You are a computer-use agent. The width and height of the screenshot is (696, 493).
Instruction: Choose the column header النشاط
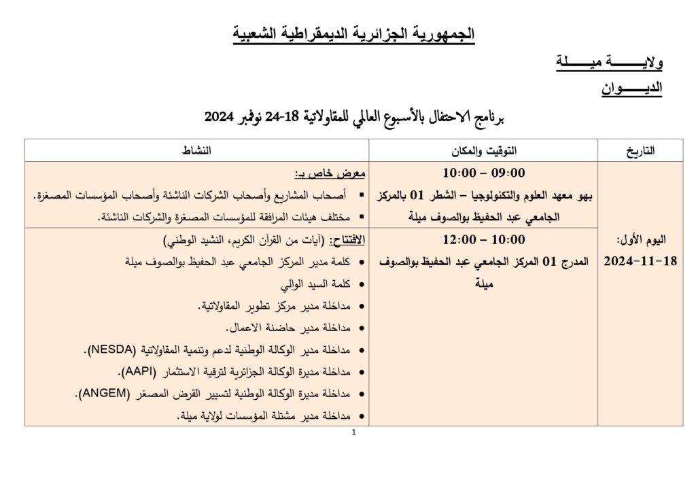tap(198, 151)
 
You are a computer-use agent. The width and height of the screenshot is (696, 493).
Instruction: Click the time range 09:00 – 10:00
tap(483, 173)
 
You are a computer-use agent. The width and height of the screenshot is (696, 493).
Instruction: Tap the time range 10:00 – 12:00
tap(483, 240)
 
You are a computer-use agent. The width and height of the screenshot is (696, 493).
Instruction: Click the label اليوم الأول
tap(640, 240)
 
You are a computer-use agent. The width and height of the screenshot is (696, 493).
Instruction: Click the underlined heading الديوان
tap(632, 88)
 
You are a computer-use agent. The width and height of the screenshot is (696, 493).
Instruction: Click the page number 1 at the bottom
tap(355, 433)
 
